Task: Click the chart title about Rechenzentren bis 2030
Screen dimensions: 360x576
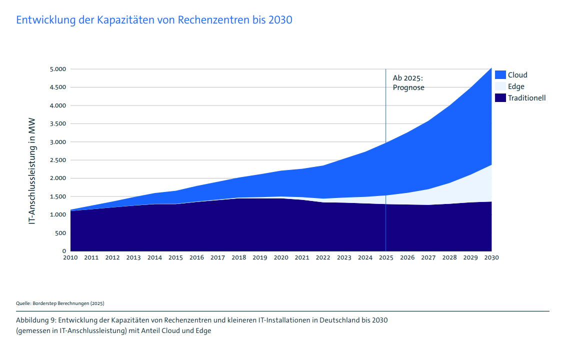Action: pyautogui.click(x=154, y=20)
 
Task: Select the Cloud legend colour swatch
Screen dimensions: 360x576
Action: pyautogui.click(x=500, y=75)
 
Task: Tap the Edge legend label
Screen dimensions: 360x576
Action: pyautogui.click(x=516, y=86)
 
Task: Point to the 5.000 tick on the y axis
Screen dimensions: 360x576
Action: pyautogui.click(x=57, y=69)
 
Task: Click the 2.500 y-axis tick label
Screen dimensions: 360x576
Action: pyautogui.click(x=57, y=160)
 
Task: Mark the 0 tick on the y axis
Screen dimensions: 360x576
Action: pyautogui.click(x=64, y=251)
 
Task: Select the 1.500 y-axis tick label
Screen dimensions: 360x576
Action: pyautogui.click(x=57, y=196)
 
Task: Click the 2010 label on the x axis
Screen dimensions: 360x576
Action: pyautogui.click(x=70, y=258)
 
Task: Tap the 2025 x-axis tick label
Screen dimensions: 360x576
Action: pyautogui.click(x=386, y=258)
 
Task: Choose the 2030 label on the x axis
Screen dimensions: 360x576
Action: pyautogui.click(x=491, y=258)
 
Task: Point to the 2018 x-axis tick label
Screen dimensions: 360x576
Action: pyautogui.click(x=238, y=258)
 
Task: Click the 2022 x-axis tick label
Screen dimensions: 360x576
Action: pyautogui.click(x=323, y=258)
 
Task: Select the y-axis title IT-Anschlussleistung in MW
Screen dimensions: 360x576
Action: pyautogui.click(x=32, y=160)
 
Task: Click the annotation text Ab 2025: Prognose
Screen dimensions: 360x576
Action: pyautogui.click(x=408, y=83)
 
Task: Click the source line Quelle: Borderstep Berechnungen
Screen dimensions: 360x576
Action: pyautogui.click(x=60, y=303)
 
